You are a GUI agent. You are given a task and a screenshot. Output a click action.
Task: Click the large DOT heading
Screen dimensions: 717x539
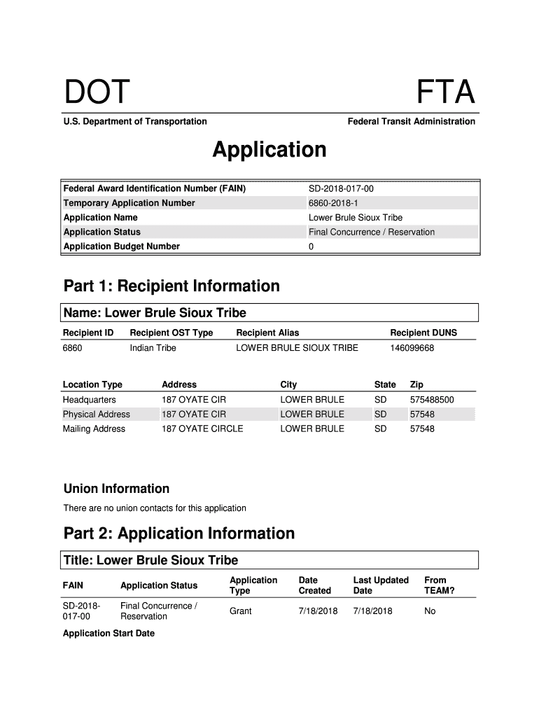click(97, 92)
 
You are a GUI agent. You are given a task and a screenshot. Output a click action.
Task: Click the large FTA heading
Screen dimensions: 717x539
click(446, 92)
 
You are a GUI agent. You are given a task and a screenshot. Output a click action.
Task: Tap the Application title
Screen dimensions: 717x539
click(269, 150)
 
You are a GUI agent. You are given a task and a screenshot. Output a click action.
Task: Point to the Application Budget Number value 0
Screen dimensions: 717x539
click(311, 246)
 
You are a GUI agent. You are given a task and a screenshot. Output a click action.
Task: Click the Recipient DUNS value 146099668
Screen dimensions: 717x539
click(412, 348)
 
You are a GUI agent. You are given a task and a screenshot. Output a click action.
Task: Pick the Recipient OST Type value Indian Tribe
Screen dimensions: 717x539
click(153, 348)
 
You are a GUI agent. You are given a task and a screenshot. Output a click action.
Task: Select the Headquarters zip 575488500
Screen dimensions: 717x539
click(432, 400)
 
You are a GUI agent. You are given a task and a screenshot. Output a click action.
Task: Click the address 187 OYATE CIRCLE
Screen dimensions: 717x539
click(202, 429)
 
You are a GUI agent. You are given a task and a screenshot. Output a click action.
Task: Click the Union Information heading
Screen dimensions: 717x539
click(116, 489)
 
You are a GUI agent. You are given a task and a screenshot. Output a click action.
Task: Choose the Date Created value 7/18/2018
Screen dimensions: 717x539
click(318, 611)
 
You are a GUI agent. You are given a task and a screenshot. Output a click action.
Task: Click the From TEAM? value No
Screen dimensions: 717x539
click(430, 611)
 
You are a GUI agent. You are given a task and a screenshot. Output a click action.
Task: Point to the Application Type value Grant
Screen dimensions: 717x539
click(241, 611)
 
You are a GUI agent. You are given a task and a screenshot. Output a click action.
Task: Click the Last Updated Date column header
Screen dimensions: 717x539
click(381, 585)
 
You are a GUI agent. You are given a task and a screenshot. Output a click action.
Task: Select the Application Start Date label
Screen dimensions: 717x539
click(108, 634)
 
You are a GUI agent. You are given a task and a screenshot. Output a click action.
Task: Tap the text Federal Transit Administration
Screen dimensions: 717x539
click(411, 122)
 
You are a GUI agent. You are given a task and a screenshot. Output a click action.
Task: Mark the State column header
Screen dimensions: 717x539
click(385, 384)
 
